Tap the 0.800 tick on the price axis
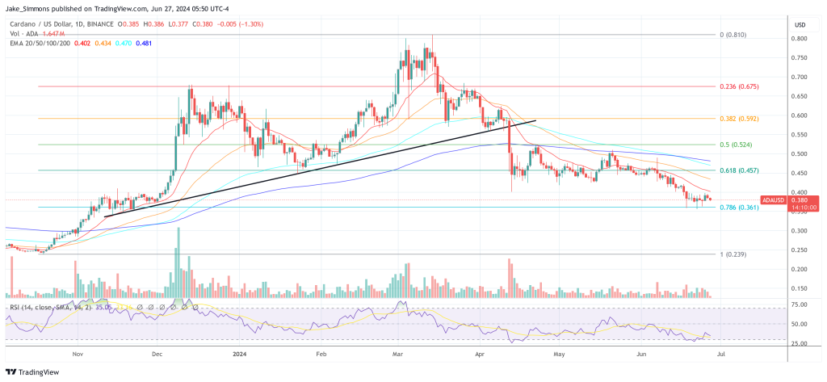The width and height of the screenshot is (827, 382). click(x=799, y=39)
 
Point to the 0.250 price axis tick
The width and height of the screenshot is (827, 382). click(x=799, y=250)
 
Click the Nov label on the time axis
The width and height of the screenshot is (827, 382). click(x=78, y=354)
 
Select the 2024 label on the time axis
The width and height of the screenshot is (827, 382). click(x=239, y=354)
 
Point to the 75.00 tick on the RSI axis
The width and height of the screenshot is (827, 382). click(x=799, y=304)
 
